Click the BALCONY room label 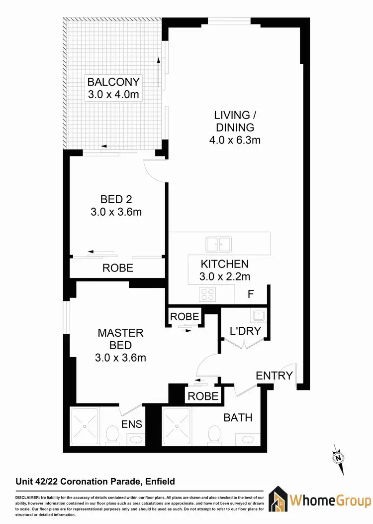point(114,82)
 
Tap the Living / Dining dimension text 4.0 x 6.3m point(235,140)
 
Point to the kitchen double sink point(219,244)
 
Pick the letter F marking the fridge point(251,294)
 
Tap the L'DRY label point(245,330)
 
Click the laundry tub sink point(258,315)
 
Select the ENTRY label point(274,376)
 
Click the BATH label point(238,417)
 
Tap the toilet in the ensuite point(112,436)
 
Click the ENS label point(132,424)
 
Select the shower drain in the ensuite point(85,426)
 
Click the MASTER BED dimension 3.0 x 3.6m point(121,357)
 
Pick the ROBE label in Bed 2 point(118,268)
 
